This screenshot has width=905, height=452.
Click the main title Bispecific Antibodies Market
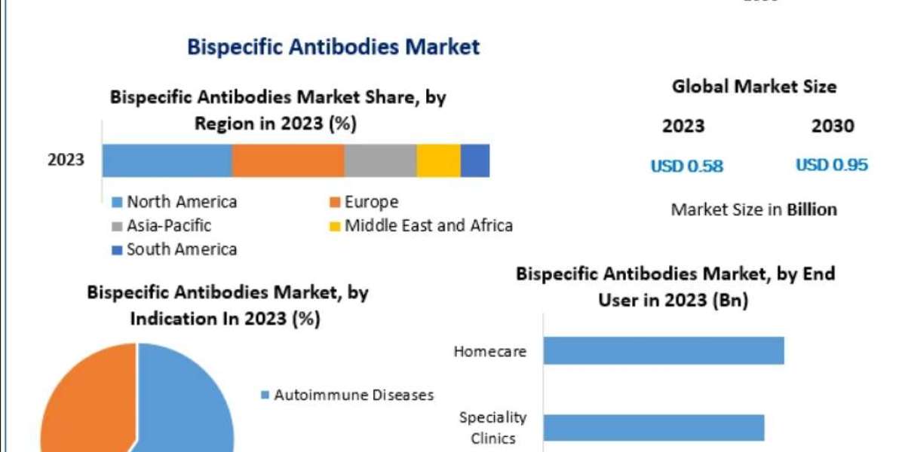tap(333, 47)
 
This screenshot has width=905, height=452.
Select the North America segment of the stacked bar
tap(167, 160)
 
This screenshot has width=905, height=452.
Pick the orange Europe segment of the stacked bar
tap(288, 160)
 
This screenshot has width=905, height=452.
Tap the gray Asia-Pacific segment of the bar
tap(380, 160)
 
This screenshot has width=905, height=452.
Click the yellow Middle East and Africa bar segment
tap(438, 160)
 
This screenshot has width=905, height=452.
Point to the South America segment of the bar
tap(475, 160)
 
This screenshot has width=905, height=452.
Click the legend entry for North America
tap(174, 202)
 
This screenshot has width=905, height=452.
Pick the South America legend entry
tap(174, 249)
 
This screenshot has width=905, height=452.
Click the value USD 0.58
tap(686, 166)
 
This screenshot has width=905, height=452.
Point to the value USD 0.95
tap(832, 165)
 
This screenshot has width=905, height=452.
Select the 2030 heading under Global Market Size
tap(833, 126)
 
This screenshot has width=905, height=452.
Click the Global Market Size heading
tap(754, 87)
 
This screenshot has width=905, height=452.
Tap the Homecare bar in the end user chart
tap(664, 350)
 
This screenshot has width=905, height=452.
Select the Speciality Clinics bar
tap(654, 427)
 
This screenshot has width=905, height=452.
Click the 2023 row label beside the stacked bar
tap(66, 160)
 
